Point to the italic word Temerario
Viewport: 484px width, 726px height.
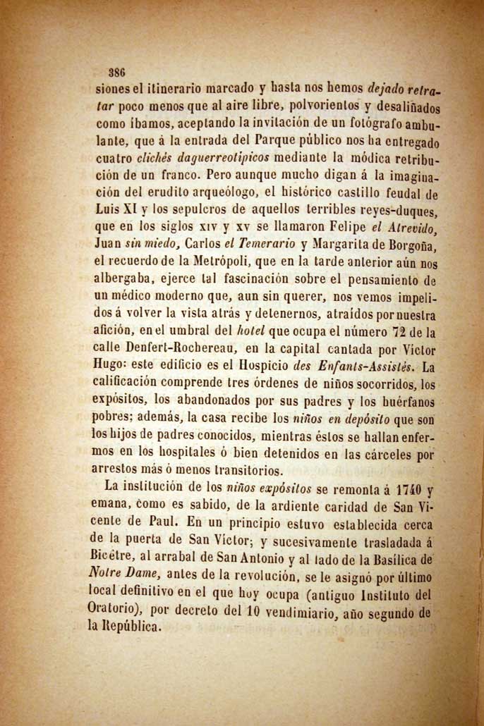(x=259, y=245)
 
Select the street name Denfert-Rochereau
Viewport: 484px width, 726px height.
(x=181, y=350)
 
